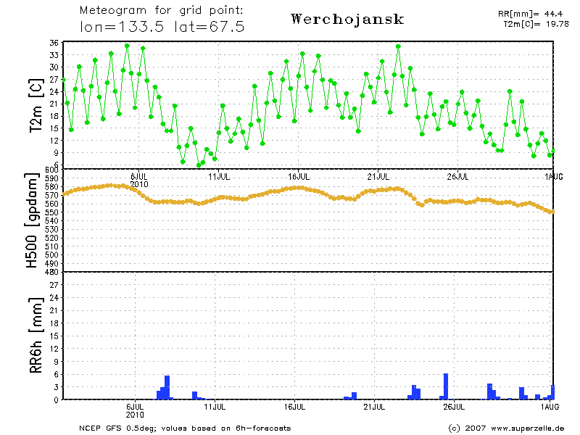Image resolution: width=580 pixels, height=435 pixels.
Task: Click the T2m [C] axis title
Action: coord(35,106)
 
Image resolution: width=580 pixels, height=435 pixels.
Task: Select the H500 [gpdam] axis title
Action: coord(33,220)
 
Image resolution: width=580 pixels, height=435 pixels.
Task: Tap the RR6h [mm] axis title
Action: coord(34,336)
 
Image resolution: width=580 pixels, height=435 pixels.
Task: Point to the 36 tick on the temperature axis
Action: coord(53,43)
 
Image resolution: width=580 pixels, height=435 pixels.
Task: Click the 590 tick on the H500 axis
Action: coord(51,178)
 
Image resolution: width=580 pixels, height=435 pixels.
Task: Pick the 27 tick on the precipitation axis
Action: coord(53,286)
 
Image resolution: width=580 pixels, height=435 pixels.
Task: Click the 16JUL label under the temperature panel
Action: coord(299,175)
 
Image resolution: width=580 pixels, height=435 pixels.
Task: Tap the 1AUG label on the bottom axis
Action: coord(553,407)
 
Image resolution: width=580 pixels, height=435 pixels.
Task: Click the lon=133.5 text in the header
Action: coord(123,27)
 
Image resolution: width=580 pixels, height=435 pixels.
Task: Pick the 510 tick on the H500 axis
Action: coord(51,246)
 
